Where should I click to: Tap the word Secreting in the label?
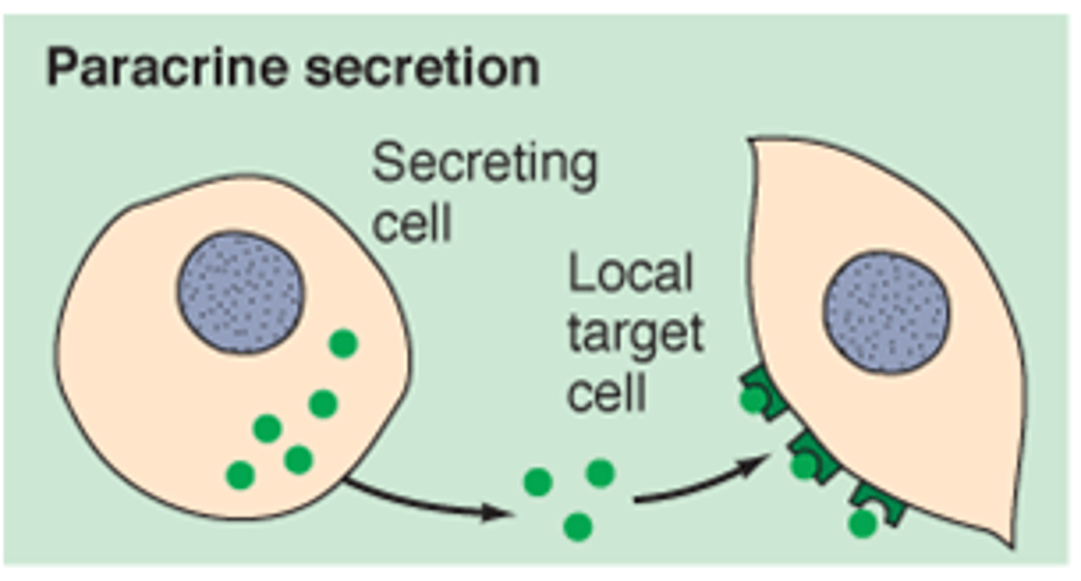484,167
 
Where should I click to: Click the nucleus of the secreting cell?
240,292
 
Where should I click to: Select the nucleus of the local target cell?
887,312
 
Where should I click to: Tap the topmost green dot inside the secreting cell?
343,344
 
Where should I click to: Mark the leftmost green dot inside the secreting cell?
240,474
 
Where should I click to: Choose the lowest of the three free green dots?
577,526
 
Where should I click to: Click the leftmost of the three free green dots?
538,482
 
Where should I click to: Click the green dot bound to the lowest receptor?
863,523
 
